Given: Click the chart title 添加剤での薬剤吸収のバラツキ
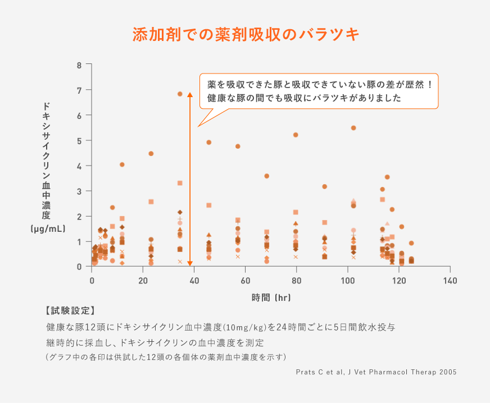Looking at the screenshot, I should point(246,34).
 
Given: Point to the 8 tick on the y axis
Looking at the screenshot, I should point(79,65).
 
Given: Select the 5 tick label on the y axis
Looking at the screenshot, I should point(79,141).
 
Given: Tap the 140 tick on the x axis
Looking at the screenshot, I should point(450,280).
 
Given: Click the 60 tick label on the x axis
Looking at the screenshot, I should point(245,280).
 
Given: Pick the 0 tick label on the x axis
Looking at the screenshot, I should point(92,280).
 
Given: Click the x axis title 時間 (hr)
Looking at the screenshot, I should point(271,298).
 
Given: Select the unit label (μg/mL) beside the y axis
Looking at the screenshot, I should point(48,228).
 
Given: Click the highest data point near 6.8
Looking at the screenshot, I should point(180,94).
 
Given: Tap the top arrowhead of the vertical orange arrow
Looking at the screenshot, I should point(190,95).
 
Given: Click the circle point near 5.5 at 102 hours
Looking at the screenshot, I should point(353,128).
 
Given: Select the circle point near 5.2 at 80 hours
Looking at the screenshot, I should point(296,135).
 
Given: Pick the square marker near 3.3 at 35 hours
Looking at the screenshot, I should point(180,183).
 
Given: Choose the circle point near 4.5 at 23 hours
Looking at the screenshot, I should point(151,153).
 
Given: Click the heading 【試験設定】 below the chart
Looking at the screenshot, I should point(68,310).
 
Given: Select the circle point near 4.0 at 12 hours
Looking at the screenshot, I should point(122,164).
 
